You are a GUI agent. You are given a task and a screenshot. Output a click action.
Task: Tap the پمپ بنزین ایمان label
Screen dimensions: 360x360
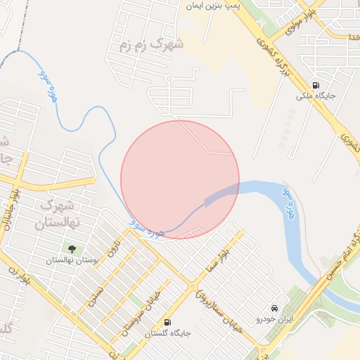pos(214,6)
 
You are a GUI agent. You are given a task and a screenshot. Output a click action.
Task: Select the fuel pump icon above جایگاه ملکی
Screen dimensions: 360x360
pos(314,82)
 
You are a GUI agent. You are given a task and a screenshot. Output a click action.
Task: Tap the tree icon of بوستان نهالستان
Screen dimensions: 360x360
pos(71,247)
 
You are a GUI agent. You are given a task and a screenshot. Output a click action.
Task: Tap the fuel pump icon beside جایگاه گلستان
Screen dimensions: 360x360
pos(167,323)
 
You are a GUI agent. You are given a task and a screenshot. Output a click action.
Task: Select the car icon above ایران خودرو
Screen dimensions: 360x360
pos(274,309)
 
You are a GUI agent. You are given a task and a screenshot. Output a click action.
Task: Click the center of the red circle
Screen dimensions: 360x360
pos(180,180)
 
